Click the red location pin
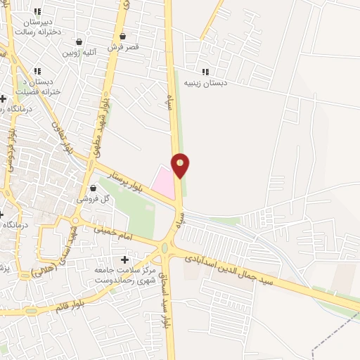pos(181,165)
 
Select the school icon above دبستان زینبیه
pos(205,72)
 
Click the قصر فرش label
pos(123,47)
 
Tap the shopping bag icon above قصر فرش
pos(123,37)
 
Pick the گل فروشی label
pos(95,199)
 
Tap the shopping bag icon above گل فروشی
pos(94,188)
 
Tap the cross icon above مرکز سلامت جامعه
pos(125,260)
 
